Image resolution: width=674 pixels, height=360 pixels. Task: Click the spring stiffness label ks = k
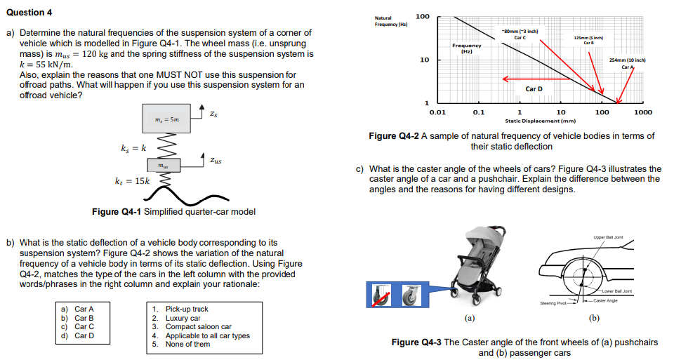pos(134,148)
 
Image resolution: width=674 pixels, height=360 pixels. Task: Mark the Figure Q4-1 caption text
pos(173,212)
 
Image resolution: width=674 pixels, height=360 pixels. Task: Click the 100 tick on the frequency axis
pos(423,16)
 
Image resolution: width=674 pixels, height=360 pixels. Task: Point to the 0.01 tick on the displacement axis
pos(437,112)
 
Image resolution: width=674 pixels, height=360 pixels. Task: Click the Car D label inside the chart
pos(534,89)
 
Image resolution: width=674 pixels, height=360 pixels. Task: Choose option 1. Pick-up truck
pos(180,309)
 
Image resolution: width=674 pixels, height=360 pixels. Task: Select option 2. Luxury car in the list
pos(176,318)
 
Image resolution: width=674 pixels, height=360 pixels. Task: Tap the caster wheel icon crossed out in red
pos(381,295)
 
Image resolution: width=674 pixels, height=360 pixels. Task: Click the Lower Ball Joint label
pos(616,291)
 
